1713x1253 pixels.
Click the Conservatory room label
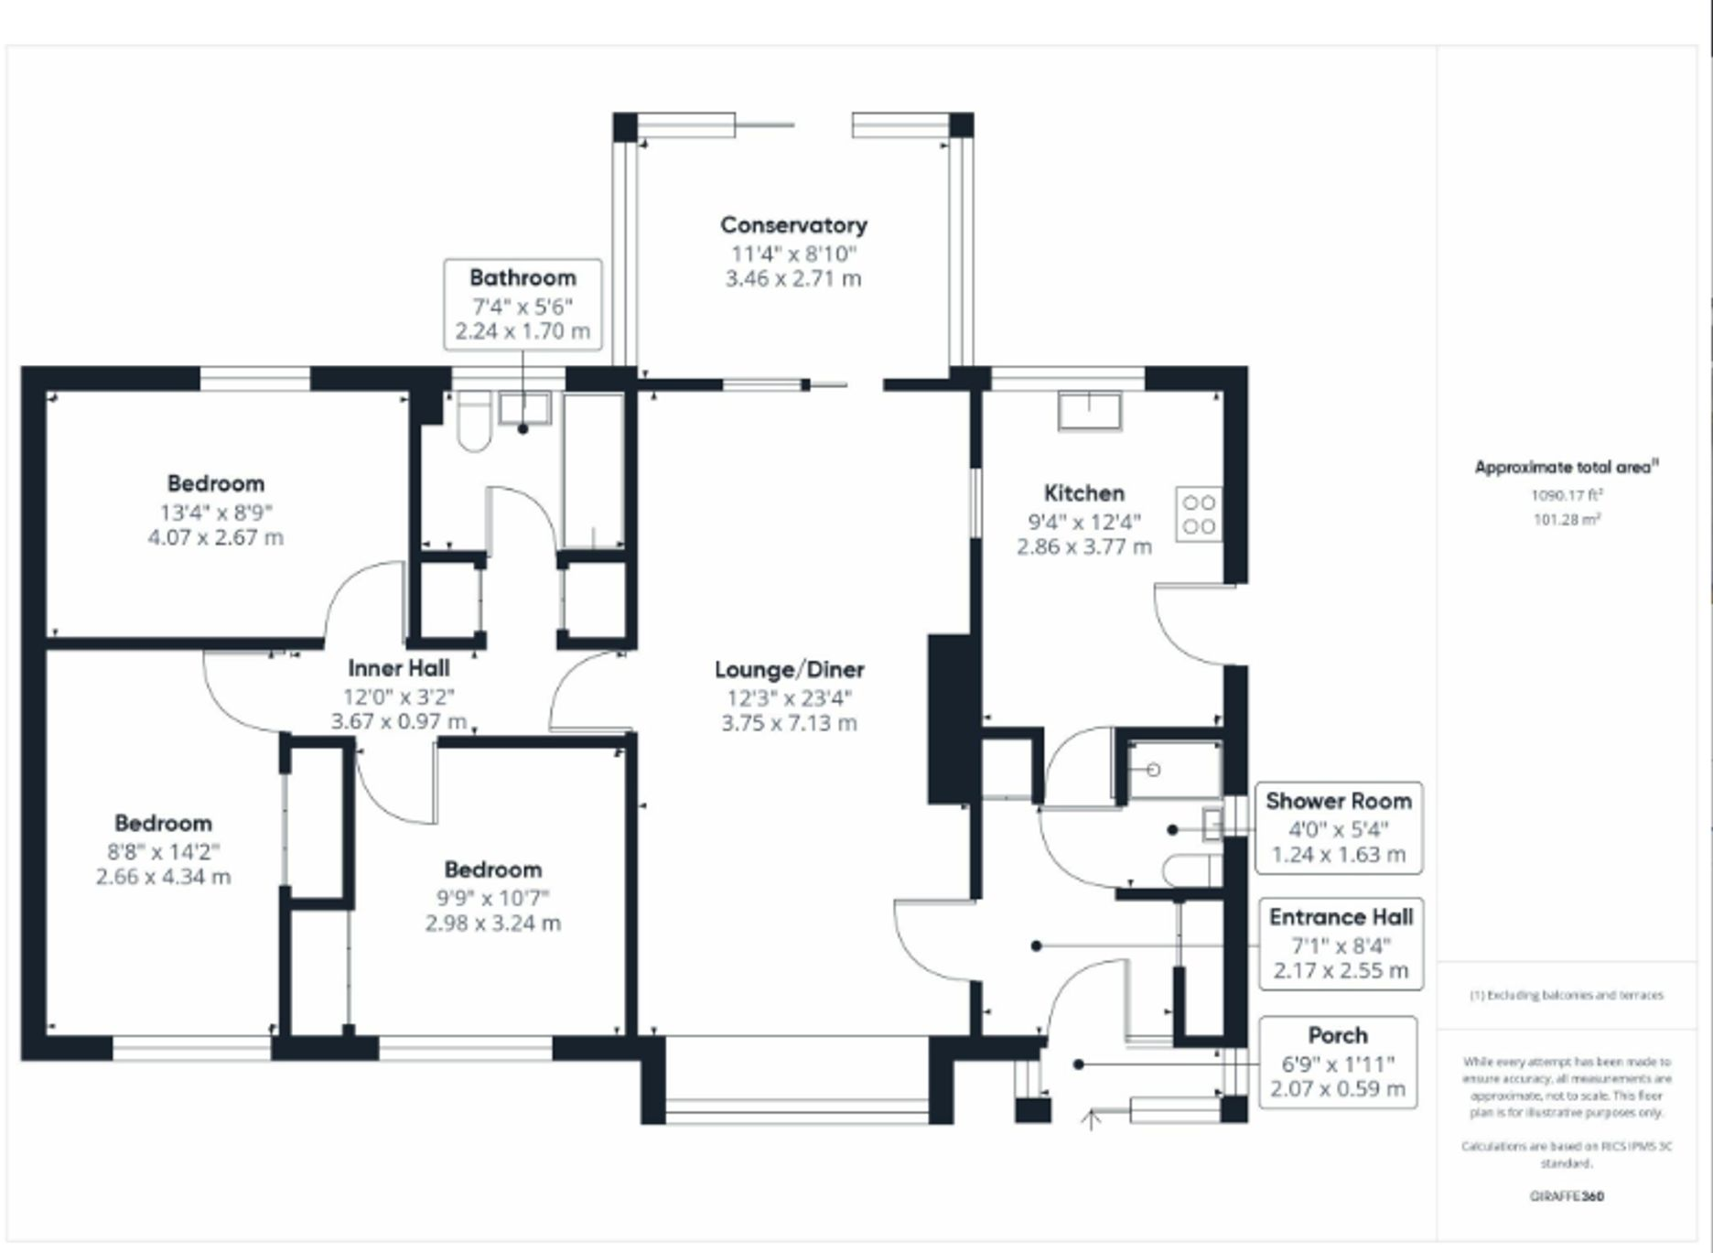pos(793,225)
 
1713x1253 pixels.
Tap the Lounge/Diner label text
pos(790,670)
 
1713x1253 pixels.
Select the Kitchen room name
pos(1084,493)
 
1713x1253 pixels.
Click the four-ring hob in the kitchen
pos(1199,514)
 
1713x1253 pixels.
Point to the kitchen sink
pos(1090,411)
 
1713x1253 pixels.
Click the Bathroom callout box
pos(523,305)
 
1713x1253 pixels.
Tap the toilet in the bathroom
pos(474,422)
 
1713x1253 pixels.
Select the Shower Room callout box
pos(1339,828)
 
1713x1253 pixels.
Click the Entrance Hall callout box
pos(1341,945)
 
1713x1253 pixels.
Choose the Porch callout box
pos(1338,1063)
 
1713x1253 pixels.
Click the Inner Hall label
pos(399,668)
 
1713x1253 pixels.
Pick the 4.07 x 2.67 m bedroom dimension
pos(216,537)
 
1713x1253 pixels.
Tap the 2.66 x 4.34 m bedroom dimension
pos(164,877)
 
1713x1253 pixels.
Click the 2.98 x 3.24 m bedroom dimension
pos(493,924)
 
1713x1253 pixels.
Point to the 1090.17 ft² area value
pos(1568,495)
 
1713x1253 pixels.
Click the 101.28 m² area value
pos(1568,520)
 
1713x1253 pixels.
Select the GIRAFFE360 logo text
pos(1567,1196)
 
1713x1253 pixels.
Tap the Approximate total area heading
pos(1567,468)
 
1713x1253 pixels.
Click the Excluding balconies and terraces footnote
pos(1567,995)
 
